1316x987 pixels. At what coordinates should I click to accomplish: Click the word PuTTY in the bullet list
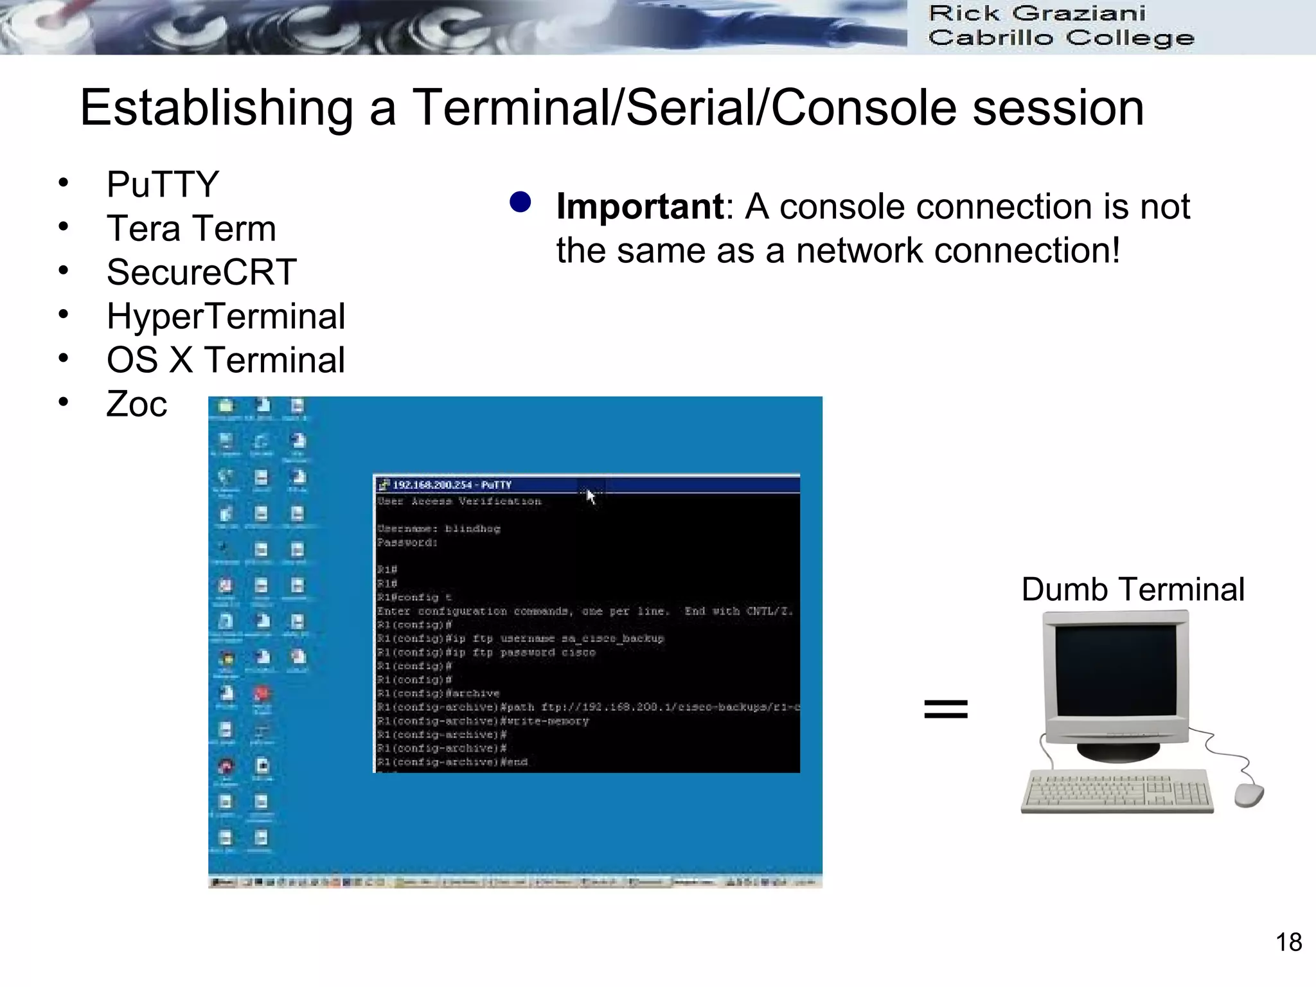click(163, 185)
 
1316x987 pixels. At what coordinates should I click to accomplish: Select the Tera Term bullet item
click(191, 229)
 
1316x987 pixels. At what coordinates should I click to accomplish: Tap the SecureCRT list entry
click(201, 272)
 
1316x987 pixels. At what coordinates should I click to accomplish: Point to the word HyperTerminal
click(226, 316)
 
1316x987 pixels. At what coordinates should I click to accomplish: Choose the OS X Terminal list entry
click(226, 360)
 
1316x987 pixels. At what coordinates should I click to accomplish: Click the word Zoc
click(136, 404)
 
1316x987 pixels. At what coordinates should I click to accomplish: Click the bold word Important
click(640, 207)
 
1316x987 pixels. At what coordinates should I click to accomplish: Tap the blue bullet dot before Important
click(520, 202)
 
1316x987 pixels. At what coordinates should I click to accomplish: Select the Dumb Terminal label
click(1132, 589)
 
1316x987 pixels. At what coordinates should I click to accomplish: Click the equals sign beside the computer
click(945, 709)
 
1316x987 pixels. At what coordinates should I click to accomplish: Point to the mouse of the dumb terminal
click(1248, 795)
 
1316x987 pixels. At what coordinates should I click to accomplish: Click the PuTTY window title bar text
click(452, 485)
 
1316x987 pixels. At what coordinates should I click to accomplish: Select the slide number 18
click(1288, 942)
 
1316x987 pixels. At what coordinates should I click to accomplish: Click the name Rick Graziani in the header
click(1036, 13)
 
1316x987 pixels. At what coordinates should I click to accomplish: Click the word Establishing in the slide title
click(217, 108)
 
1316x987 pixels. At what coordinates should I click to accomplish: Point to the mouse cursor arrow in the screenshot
click(591, 496)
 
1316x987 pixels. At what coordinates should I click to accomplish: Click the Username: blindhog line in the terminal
click(438, 529)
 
